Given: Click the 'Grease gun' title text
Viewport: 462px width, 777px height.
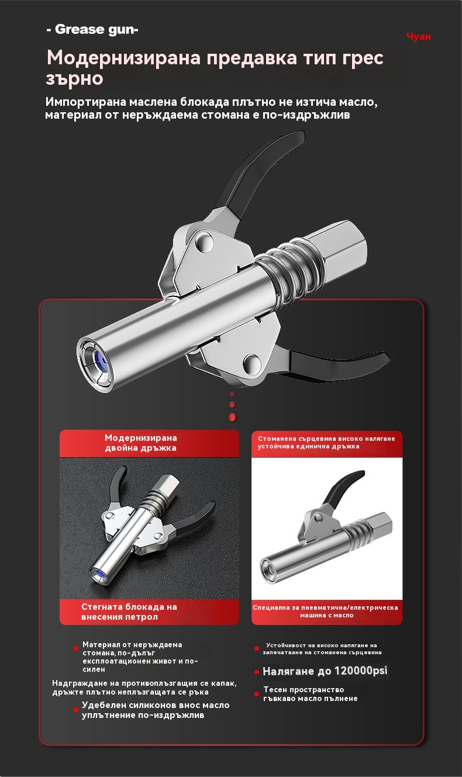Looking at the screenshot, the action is tap(92, 29).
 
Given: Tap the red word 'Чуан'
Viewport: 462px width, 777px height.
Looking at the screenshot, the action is tap(419, 36).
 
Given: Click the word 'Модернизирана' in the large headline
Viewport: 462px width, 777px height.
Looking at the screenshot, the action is tap(124, 57).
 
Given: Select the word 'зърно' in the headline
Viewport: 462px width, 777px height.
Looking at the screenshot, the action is tap(75, 79).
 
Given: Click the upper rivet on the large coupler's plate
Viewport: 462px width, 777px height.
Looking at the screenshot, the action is tap(204, 241).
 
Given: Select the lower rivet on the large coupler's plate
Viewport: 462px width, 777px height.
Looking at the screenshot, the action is tap(252, 362).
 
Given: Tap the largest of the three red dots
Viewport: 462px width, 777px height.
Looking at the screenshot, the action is tap(233, 417).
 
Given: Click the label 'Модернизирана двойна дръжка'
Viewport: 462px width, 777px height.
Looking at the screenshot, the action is tap(140, 443).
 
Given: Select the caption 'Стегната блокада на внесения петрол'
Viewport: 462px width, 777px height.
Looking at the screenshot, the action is tap(129, 612).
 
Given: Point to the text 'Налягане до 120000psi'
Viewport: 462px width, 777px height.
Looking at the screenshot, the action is tap(325, 671).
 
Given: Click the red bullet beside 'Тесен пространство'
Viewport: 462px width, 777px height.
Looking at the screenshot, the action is tap(257, 694).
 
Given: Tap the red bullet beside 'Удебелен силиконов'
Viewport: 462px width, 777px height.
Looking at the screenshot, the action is tap(76, 710).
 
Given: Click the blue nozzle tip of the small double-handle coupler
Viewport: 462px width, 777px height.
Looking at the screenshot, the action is tap(98, 575).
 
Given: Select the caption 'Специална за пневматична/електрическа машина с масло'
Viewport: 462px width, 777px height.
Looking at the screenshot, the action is tap(325, 611).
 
